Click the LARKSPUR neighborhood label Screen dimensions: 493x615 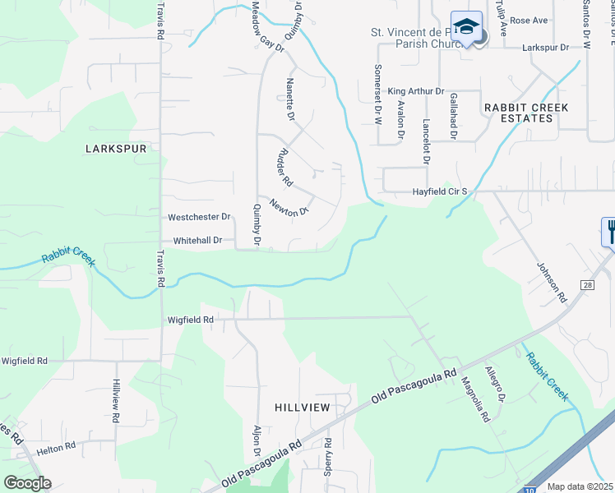(x=115, y=149)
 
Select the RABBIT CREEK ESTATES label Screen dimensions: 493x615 (x=518, y=113)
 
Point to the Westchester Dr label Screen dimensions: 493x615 (x=199, y=218)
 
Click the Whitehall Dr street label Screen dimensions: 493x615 (x=197, y=241)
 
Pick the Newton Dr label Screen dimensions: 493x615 (x=289, y=209)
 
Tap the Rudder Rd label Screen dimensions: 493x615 (x=285, y=167)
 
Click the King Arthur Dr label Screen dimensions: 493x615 (x=416, y=91)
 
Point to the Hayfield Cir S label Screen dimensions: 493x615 (x=440, y=191)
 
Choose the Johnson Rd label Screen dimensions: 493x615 (x=552, y=280)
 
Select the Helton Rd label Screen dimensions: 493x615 (x=56, y=446)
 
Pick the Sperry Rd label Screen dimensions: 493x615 (x=328, y=453)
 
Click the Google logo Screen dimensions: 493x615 (x=27, y=483)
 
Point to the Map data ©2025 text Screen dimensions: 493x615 (x=580, y=486)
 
